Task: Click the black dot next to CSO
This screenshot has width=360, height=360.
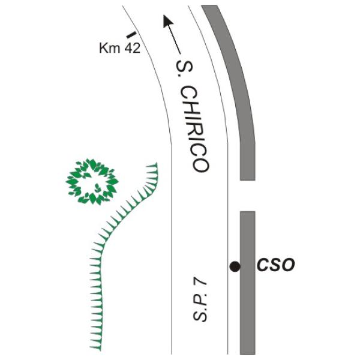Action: pos(235,266)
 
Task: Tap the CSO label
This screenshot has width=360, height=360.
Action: pos(275,265)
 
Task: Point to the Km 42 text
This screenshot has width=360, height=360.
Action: pos(119,48)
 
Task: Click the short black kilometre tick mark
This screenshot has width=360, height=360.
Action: pos(131,35)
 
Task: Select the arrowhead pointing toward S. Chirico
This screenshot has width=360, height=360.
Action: pos(167,21)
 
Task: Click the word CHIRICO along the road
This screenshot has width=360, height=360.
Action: pos(194,129)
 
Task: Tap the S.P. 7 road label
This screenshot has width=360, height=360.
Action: pos(200,301)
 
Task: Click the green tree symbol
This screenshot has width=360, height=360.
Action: pos(92,182)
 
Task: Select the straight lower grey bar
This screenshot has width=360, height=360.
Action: pos(248,283)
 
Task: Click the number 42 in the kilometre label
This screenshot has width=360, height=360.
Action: pos(132,48)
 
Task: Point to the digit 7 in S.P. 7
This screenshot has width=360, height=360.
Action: pos(200,286)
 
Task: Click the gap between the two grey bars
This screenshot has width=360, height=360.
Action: pos(248,196)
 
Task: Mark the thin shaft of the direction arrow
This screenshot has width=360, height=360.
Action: pos(175,40)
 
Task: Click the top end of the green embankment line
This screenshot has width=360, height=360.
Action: pos(157,163)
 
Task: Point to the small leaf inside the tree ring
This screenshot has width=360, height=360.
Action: pos(98,188)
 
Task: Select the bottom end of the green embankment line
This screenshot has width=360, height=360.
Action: pos(100,350)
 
